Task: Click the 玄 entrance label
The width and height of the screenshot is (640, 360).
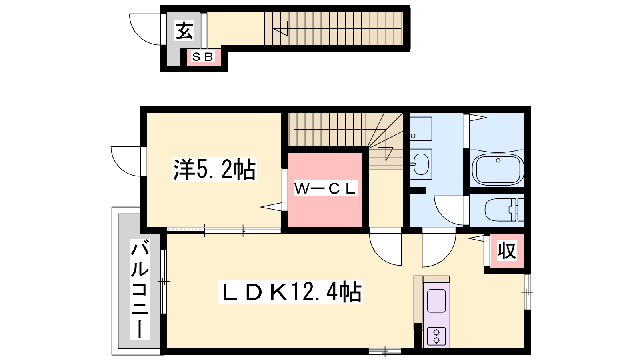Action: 184,30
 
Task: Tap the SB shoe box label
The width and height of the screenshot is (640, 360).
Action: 203,57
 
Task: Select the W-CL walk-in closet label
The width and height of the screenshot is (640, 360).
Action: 326,188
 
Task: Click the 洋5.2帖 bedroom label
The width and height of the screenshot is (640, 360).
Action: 214,169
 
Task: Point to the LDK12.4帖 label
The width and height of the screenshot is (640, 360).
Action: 290,292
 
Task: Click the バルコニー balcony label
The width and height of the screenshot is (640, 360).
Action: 140,289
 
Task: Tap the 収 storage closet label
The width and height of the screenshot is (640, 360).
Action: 506,250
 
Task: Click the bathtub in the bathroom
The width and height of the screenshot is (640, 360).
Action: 498,169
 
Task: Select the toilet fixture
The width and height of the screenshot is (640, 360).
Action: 504,210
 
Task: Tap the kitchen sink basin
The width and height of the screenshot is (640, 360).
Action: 436,301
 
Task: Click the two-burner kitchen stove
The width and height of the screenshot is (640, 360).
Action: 436,336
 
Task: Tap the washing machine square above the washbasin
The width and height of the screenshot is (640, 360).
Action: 420,128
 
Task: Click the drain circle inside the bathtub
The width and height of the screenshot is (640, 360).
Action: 498,160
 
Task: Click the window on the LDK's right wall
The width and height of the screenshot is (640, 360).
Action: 528,292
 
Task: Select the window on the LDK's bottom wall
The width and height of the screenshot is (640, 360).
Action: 385,352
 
